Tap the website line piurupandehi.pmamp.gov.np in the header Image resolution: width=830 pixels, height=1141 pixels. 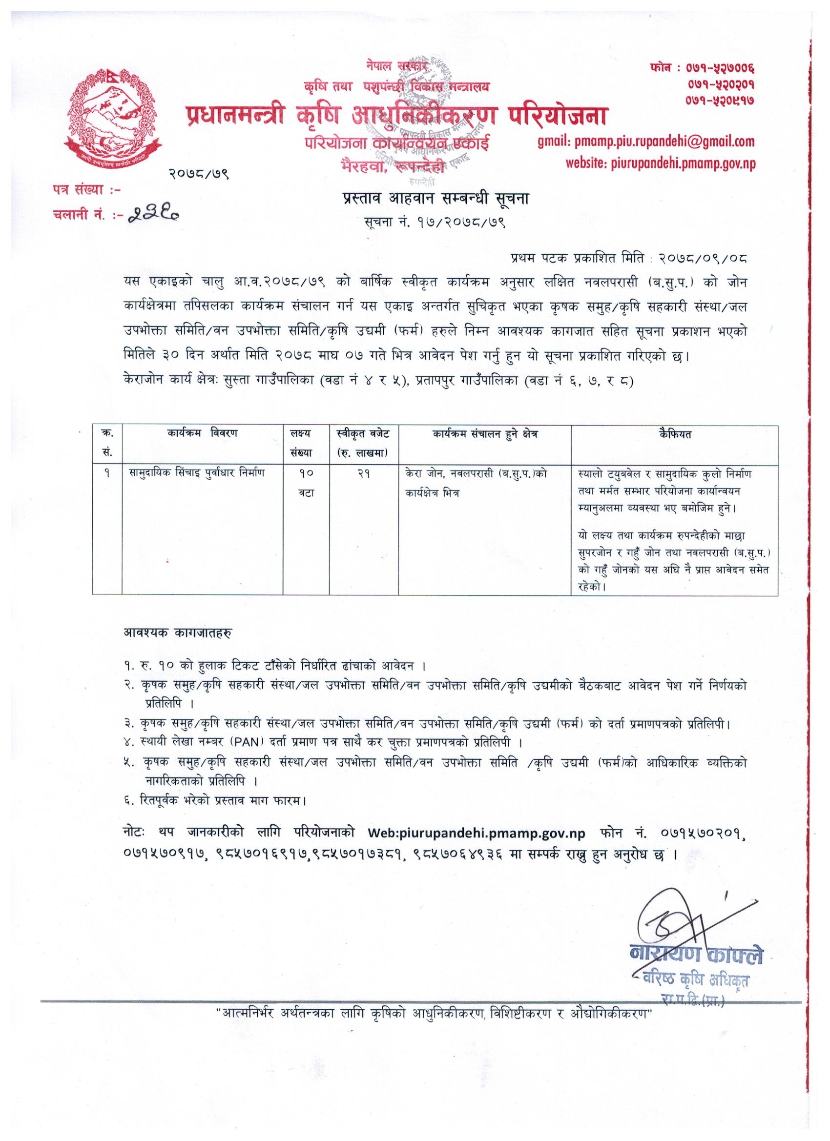pyautogui.click(x=660, y=163)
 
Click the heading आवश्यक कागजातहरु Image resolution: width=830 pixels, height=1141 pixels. pyautogui.click(x=178, y=632)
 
